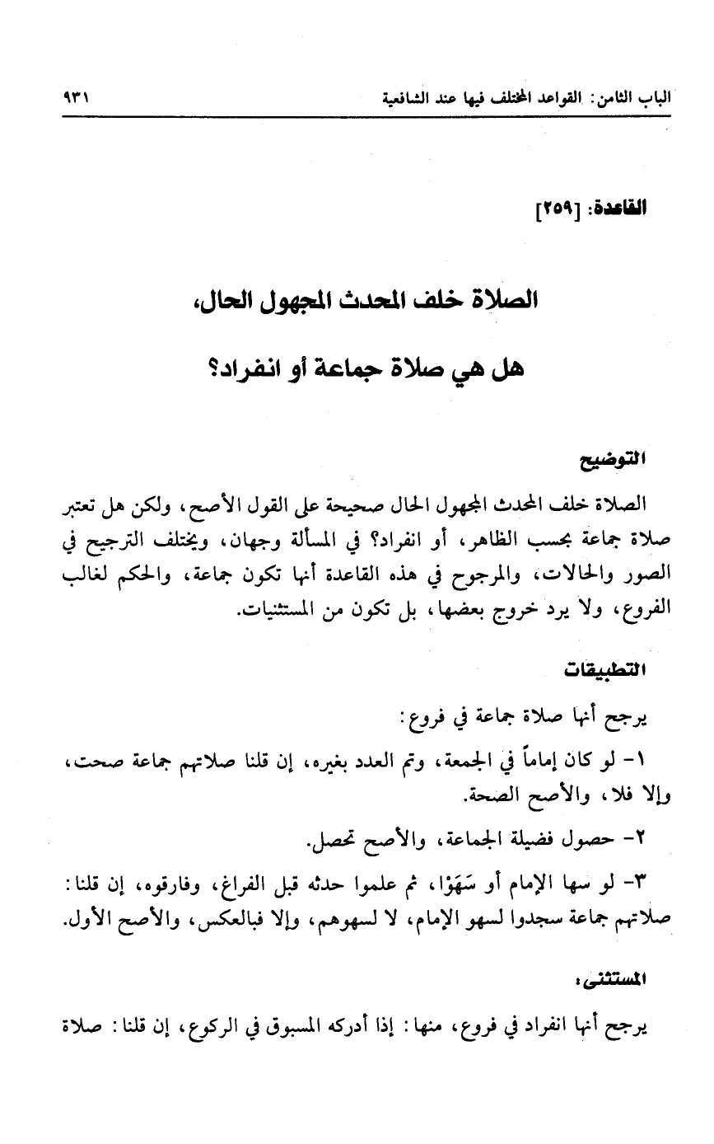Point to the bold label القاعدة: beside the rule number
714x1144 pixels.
pyautogui.click(x=615, y=210)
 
